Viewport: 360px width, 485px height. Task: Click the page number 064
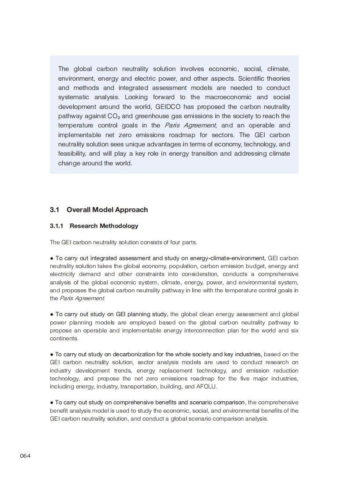click(x=25, y=455)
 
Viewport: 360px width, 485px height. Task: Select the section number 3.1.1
click(x=56, y=226)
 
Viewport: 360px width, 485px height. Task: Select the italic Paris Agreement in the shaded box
click(x=191, y=125)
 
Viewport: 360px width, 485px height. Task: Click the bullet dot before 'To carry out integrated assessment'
click(x=52, y=258)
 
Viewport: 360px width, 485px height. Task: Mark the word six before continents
click(x=294, y=330)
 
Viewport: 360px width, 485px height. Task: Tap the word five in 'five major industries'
click(x=237, y=378)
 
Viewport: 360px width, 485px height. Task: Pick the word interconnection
click(x=183, y=330)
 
